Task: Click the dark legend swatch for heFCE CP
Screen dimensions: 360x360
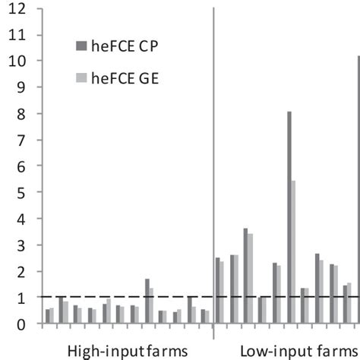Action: point(82,45)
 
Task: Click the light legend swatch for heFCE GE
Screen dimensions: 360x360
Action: point(82,77)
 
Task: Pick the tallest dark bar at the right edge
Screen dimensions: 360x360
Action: point(358,190)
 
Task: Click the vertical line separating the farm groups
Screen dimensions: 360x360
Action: point(213,152)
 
